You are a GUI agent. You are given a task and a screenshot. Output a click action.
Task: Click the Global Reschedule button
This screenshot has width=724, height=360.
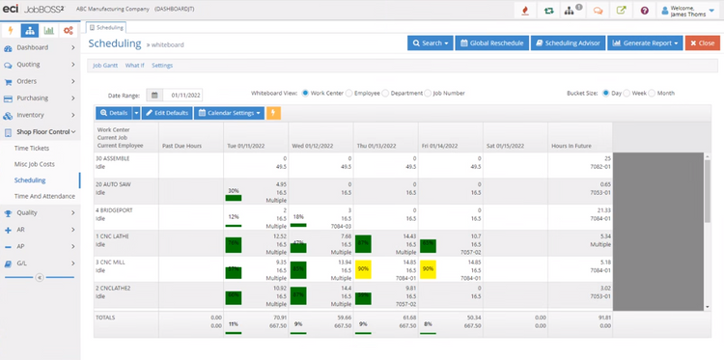tap(491, 43)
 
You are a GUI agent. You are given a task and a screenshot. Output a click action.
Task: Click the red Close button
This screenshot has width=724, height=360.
tap(702, 43)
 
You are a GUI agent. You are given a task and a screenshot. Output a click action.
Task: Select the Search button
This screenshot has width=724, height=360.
tap(430, 43)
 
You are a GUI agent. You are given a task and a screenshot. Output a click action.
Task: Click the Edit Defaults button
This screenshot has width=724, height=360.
tap(167, 113)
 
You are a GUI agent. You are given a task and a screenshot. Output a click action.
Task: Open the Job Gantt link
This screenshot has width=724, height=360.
tap(104, 65)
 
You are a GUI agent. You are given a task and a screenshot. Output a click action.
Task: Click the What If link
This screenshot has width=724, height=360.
tap(135, 65)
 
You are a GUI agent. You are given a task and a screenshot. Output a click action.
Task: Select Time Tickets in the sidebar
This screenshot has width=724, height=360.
tap(33, 148)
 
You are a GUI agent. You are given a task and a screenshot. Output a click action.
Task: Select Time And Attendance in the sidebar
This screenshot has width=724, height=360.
tap(44, 196)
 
